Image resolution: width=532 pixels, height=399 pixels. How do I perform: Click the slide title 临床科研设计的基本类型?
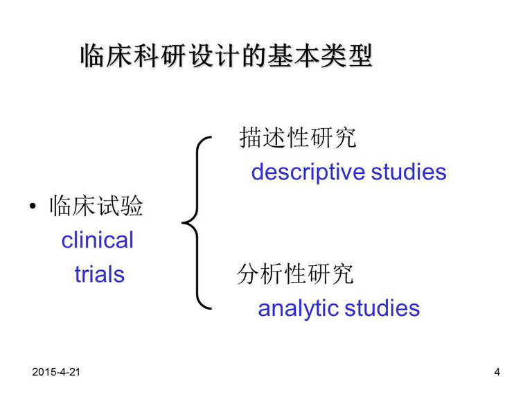pos(227,55)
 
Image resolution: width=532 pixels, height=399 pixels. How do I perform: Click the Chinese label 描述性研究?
pos(298,137)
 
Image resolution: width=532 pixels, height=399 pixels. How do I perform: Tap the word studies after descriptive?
pos(409,172)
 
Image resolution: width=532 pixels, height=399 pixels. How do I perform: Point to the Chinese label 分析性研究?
pos(295,274)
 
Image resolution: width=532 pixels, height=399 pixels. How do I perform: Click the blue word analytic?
pos(299,309)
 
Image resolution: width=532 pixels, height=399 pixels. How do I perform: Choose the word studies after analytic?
pos(382,308)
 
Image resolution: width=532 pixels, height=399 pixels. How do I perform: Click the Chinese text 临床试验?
pos(96,206)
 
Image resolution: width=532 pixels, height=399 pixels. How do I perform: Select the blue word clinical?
pos(98,240)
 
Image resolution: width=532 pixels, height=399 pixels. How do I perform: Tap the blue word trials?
pos(100,274)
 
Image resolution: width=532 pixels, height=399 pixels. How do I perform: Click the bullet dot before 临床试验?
pos(33,206)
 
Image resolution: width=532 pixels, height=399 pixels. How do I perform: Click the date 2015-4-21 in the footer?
pos(56,372)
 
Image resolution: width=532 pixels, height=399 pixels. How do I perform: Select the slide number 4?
pos(497,372)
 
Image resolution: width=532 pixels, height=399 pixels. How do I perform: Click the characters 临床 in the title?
pos(106,55)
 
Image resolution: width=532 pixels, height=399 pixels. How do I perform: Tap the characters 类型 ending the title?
pos(347,55)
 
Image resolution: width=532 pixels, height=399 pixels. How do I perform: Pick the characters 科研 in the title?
pos(159,55)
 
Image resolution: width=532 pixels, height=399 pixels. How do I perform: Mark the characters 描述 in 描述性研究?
pos(263,137)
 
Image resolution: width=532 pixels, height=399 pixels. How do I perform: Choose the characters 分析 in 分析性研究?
pos(260,274)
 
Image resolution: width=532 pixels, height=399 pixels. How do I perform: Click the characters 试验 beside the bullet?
pos(120,206)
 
